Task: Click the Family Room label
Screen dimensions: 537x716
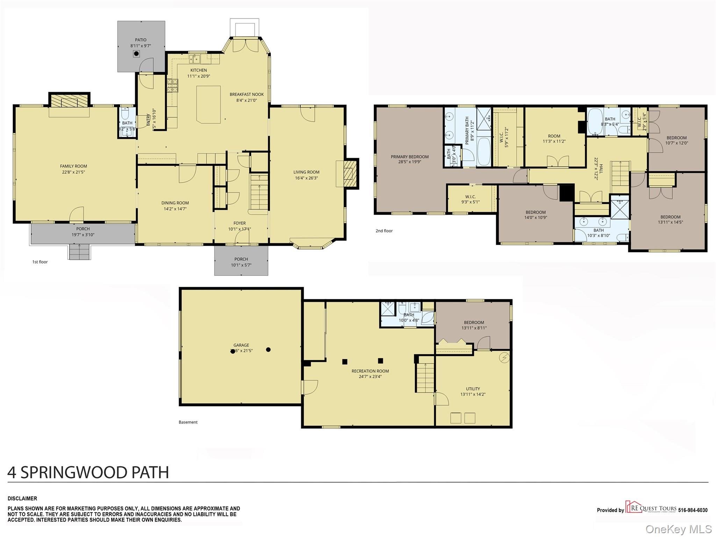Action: click(x=73, y=166)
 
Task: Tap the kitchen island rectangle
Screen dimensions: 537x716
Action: click(x=208, y=105)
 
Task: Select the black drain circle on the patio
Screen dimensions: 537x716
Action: click(x=136, y=54)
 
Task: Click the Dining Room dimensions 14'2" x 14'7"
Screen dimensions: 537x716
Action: click(x=175, y=209)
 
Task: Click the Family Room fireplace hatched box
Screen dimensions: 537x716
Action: click(x=69, y=102)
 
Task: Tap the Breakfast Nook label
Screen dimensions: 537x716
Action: click(x=246, y=94)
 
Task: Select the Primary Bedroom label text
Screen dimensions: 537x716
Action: click(x=409, y=157)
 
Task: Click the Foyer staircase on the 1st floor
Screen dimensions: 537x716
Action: click(x=259, y=192)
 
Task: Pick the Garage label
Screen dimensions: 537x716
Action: click(x=241, y=345)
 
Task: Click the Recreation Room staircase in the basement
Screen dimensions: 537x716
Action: click(x=425, y=378)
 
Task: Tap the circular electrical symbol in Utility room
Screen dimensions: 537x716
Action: click(x=504, y=358)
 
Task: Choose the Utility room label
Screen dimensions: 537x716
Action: click(x=473, y=389)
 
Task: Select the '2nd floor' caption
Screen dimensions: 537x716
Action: click(x=384, y=231)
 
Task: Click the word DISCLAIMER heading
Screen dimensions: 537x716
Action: click(x=22, y=499)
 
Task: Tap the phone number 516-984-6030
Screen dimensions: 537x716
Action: click(x=693, y=510)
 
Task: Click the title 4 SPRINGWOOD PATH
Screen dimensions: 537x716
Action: click(x=88, y=472)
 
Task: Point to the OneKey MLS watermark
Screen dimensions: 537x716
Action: click(x=678, y=529)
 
